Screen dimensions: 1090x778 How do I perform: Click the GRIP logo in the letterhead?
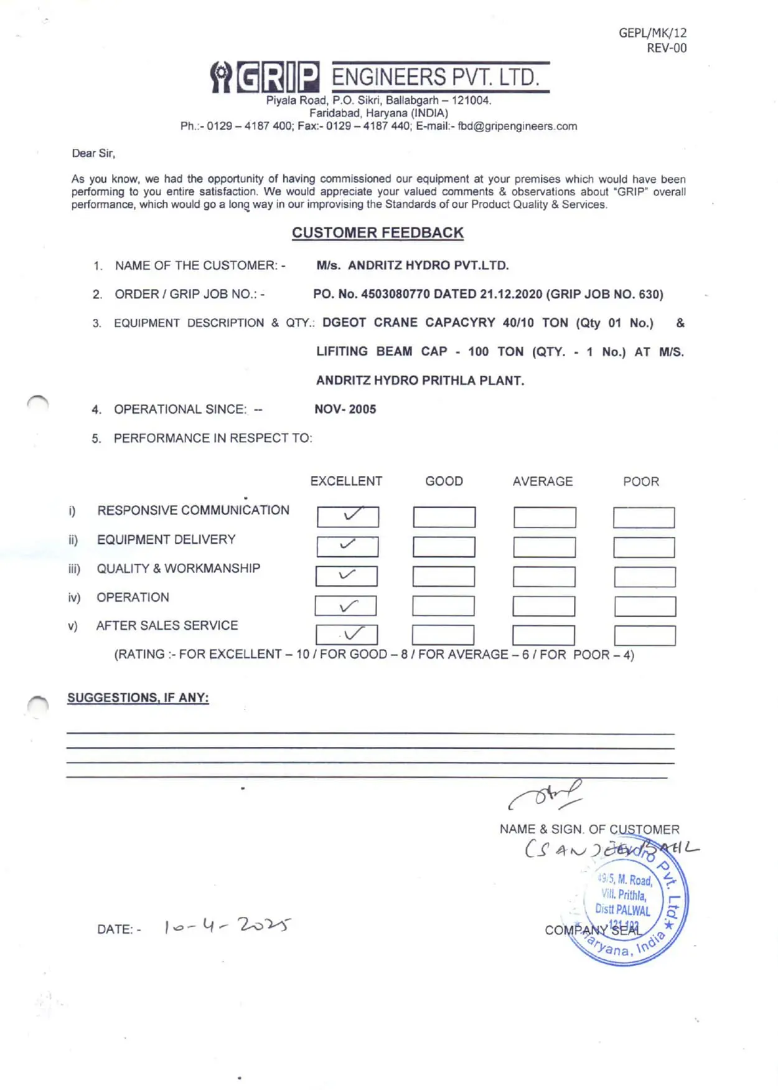coord(265,77)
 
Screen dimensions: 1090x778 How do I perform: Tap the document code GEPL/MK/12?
coord(652,33)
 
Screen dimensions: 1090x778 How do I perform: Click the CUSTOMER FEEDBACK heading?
coord(378,233)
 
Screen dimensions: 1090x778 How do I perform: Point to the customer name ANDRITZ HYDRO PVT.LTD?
coord(428,265)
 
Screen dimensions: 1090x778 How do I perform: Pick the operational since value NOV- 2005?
coord(345,409)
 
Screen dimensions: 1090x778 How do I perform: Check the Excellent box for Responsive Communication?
coord(348,517)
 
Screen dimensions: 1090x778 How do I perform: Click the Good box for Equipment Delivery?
coord(444,547)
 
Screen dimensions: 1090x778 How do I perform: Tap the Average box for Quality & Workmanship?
coord(544,577)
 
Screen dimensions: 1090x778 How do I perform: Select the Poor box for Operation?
coord(645,606)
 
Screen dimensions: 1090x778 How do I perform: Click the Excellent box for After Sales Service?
coord(347,635)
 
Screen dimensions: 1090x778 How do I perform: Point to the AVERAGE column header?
coord(543,481)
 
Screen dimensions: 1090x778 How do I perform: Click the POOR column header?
coord(641,481)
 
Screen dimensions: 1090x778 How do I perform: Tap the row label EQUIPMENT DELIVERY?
coord(166,539)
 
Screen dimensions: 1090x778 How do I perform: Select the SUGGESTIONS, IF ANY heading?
coord(138,698)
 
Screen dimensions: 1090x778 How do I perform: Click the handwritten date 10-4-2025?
coord(227,926)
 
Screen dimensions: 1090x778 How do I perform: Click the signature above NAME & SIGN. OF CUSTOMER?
coord(546,795)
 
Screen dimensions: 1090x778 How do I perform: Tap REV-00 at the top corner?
coord(667,49)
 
